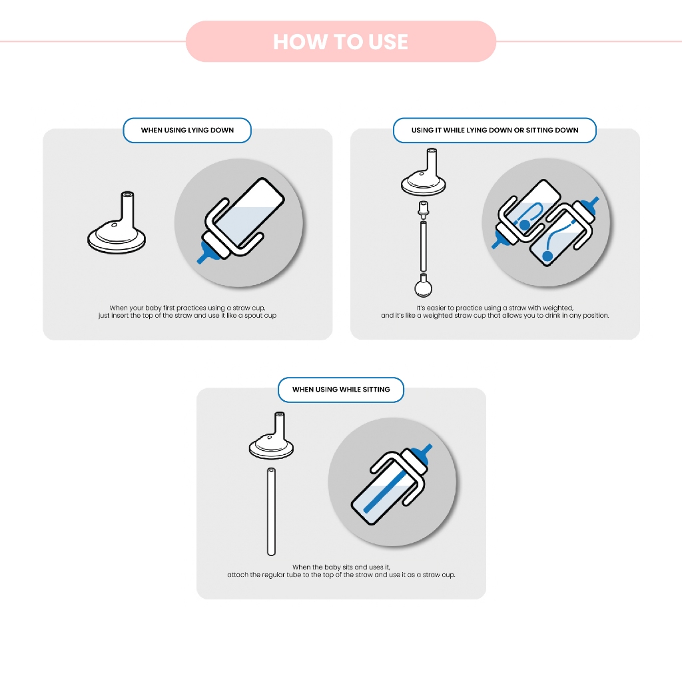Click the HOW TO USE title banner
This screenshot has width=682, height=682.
point(340,41)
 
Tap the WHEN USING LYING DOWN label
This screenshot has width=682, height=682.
point(187,130)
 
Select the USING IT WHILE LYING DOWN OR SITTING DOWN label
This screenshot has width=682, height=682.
point(495,130)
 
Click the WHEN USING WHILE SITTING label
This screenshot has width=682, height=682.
point(341,389)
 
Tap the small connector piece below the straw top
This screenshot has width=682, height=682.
point(423,210)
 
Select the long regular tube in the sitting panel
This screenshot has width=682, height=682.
point(272,511)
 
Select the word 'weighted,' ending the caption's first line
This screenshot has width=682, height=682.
point(558,308)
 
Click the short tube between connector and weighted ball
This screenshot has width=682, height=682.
point(423,246)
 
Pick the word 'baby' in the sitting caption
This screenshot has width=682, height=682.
point(332,567)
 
